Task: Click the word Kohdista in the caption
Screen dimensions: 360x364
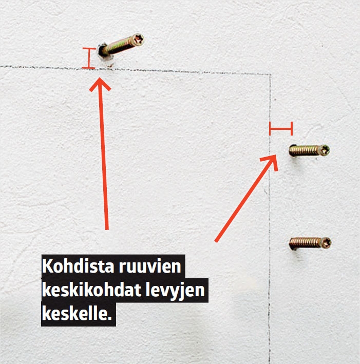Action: (78, 266)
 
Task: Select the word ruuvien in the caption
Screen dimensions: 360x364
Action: (150, 266)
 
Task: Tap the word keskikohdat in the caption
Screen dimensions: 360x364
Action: (91, 290)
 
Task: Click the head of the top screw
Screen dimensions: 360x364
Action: (138, 40)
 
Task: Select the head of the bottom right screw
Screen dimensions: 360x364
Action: (326, 243)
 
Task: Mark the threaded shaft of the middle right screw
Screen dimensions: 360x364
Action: (305, 150)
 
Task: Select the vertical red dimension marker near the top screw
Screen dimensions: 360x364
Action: (89, 58)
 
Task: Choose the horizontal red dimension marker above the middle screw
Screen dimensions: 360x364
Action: (281, 128)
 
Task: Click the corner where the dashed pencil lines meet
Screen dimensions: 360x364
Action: (270, 74)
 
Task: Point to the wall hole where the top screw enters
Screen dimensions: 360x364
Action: (102, 51)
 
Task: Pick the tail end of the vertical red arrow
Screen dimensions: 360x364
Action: (107, 229)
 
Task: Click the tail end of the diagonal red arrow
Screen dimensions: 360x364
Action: (216, 241)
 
